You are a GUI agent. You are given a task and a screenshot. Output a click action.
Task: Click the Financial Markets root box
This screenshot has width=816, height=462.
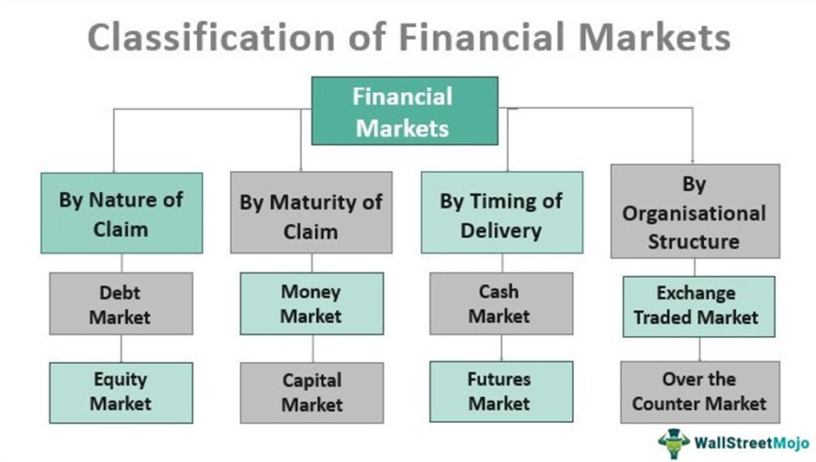point(402,111)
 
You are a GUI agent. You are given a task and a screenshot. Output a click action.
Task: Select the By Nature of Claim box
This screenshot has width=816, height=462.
point(122,214)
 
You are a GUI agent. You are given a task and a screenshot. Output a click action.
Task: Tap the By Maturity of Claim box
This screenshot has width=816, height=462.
point(311,216)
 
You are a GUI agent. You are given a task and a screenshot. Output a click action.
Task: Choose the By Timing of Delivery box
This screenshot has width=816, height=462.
point(501,216)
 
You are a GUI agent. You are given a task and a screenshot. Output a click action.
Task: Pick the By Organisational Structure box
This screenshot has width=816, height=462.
point(694,212)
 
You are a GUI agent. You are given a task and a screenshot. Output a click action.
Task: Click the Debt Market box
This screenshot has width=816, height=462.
point(122,304)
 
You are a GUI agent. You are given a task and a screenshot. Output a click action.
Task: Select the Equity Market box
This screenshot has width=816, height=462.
point(122,392)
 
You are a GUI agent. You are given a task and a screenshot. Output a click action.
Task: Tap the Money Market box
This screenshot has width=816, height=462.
point(311,303)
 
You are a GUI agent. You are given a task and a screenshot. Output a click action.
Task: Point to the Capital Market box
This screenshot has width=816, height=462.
point(312,392)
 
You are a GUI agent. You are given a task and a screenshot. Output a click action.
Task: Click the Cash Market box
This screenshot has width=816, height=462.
point(501,303)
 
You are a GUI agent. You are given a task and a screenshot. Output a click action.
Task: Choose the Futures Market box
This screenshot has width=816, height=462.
point(501,392)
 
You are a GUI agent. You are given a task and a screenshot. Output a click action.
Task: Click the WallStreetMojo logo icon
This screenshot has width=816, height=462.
point(674,440)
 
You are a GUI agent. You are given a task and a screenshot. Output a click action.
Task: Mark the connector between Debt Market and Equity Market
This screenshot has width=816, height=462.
point(122,348)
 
